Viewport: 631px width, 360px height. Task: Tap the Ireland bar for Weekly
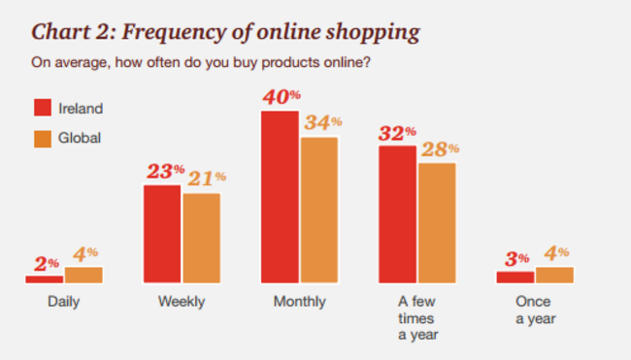(162, 234)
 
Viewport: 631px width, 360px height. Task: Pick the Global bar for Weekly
(202, 238)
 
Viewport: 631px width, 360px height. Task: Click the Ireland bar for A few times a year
(397, 214)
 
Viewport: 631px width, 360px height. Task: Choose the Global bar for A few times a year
(437, 223)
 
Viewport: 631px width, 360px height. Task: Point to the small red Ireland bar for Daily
(45, 279)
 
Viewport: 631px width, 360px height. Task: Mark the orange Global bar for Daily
(83, 275)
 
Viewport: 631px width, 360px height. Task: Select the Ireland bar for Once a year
(515, 278)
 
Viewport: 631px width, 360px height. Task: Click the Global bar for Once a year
(555, 275)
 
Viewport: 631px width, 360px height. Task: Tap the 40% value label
(282, 97)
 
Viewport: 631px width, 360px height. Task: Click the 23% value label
(165, 171)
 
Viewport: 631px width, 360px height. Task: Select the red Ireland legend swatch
(43, 108)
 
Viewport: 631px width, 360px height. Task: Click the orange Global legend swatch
(43, 137)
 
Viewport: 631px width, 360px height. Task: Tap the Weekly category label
(182, 302)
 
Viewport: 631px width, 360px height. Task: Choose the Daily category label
(63, 302)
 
